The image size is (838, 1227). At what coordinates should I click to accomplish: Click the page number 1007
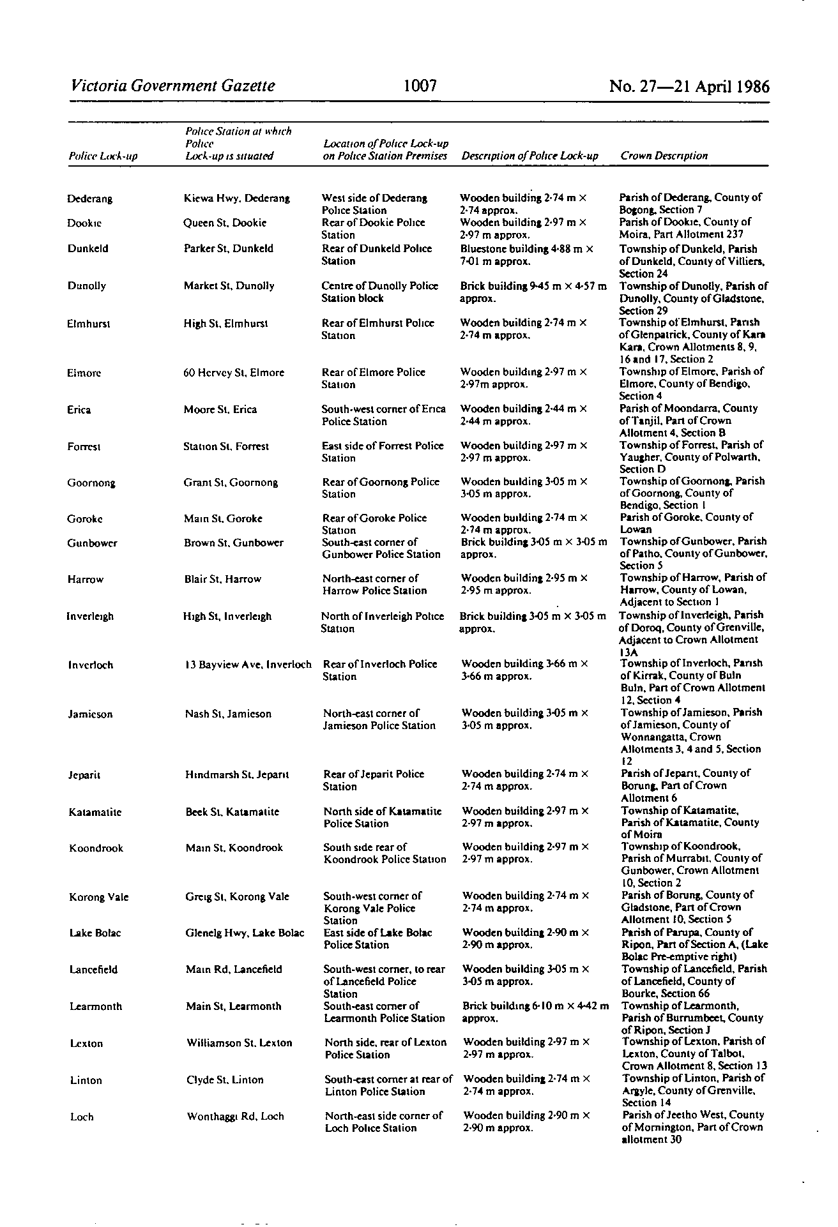tap(420, 86)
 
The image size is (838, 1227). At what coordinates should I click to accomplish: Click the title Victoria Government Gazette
tap(174, 86)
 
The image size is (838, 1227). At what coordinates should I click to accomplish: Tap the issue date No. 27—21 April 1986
tap(689, 86)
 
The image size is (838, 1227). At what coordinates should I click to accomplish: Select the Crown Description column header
tap(664, 156)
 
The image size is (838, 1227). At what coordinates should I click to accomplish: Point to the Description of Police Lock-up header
tap(529, 156)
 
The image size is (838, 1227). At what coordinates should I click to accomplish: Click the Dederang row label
tap(89, 199)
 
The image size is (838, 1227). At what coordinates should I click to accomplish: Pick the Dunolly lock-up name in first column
tap(87, 286)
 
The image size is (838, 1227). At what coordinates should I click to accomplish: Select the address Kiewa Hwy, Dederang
tap(236, 199)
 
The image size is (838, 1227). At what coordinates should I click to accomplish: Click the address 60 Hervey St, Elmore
tap(234, 373)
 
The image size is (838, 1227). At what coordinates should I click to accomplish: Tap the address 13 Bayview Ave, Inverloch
tap(248, 665)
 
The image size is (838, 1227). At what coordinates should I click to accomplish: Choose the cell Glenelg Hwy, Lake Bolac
tap(245, 933)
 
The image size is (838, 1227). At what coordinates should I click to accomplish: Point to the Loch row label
tap(82, 1117)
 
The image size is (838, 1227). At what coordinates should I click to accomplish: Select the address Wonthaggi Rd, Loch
tap(235, 1117)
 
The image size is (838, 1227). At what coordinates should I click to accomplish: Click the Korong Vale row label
tap(99, 897)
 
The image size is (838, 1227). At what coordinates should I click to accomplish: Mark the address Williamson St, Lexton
tap(240, 1043)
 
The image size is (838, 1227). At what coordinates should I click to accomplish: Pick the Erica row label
tap(79, 410)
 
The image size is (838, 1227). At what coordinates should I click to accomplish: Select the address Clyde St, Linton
tap(225, 1080)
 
